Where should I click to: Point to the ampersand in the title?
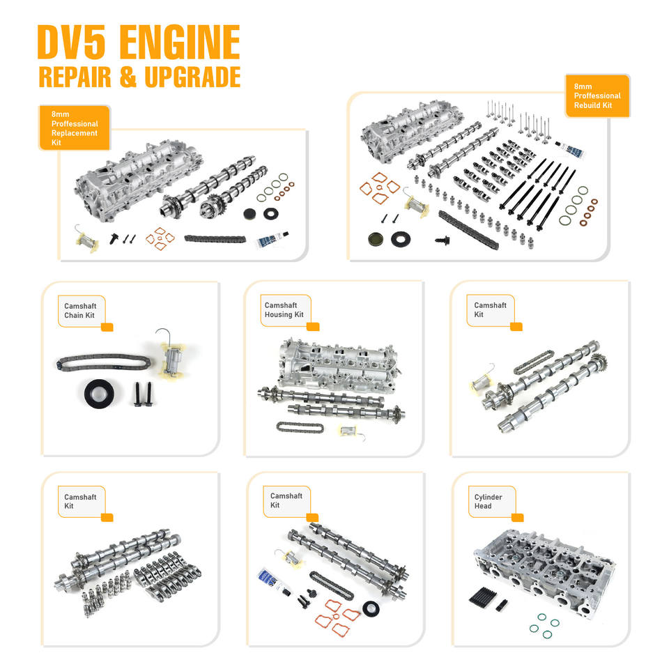point(128,77)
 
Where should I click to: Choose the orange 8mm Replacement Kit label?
point(75,128)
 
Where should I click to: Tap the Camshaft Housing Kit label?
point(284,310)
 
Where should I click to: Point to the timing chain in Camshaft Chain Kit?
point(100,363)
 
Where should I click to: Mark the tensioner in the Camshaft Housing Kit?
point(348,431)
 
